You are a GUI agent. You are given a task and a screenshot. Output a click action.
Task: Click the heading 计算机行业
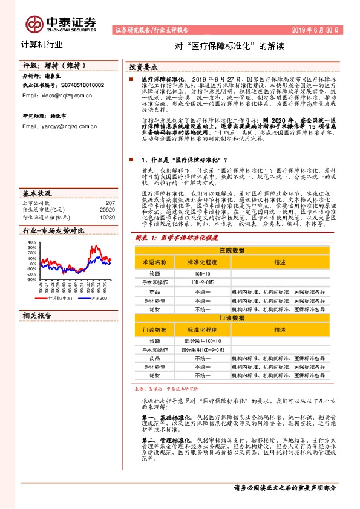[x=42, y=45]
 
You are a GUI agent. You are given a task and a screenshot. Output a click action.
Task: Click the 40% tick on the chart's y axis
[x=31, y=242]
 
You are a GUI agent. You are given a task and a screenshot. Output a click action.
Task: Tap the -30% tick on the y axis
[x=31, y=279]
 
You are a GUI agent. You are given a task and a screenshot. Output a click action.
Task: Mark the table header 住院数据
[x=231, y=250]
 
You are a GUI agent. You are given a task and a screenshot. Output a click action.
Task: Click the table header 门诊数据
[x=231, y=317]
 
